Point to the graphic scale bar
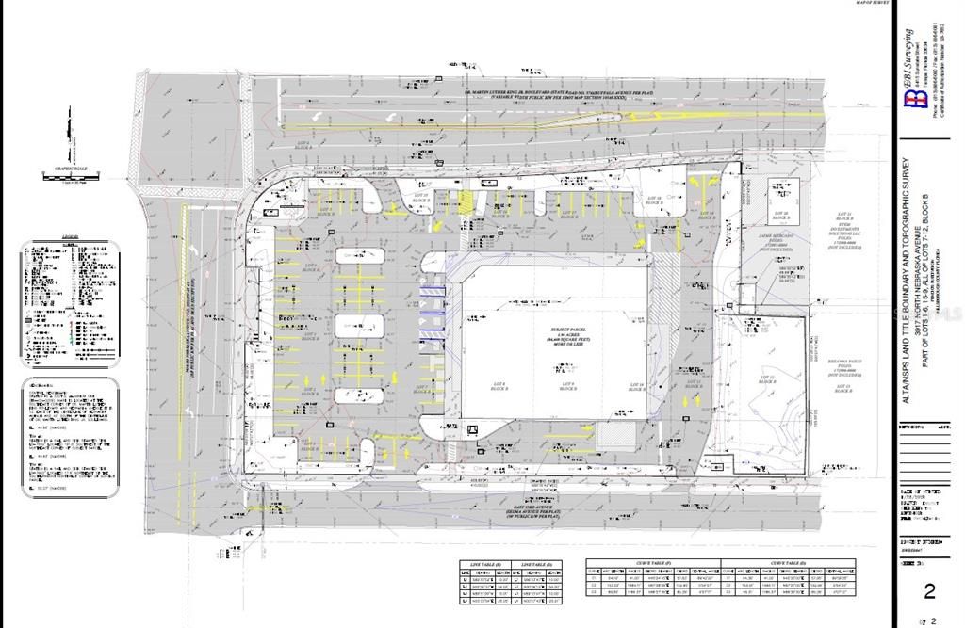tap(68, 174)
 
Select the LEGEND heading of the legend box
tap(70, 242)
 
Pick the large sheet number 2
tap(929, 591)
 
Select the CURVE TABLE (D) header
tap(787, 563)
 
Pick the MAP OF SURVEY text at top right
tap(873, 4)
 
